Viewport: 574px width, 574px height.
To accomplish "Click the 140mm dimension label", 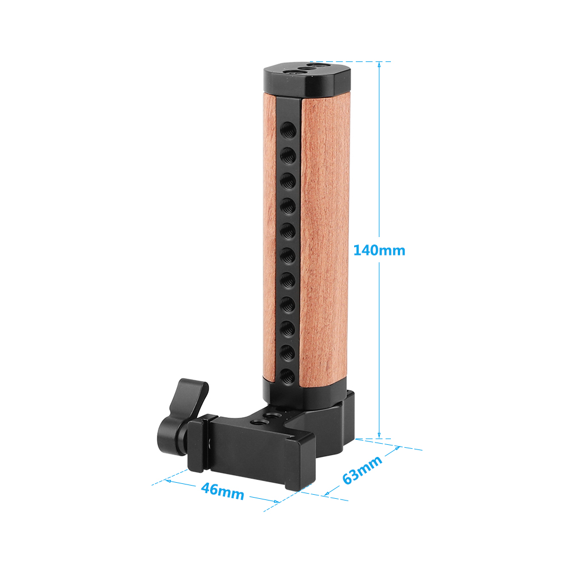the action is pyautogui.click(x=379, y=250).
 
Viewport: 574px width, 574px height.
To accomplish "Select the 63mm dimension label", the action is pyautogui.click(x=362, y=470).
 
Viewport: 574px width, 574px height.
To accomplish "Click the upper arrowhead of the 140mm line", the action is pyautogui.click(x=379, y=65).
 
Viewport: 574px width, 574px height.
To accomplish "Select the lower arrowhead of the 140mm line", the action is pyautogui.click(x=379, y=435).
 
